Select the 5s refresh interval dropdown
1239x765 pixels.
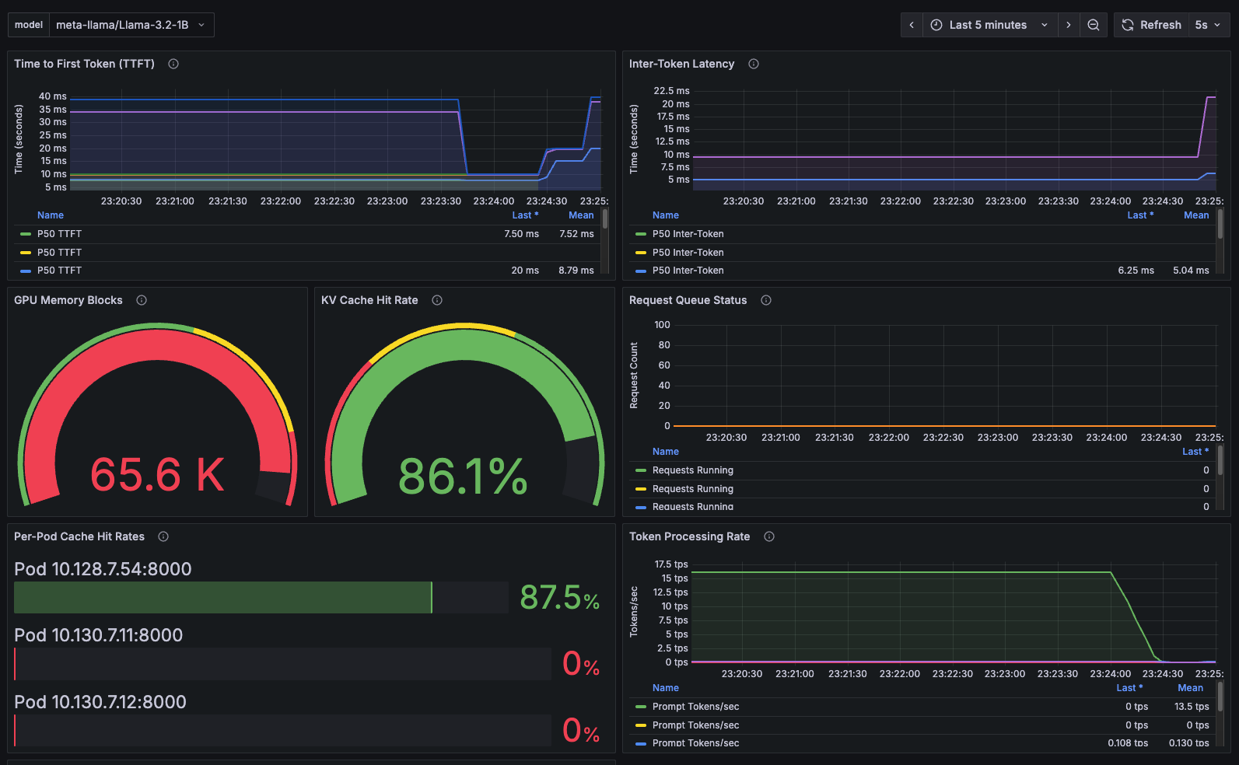pyautogui.click(x=1207, y=25)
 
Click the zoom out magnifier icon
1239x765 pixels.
pyautogui.click(x=1093, y=25)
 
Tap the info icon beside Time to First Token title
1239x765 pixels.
pyautogui.click(x=173, y=64)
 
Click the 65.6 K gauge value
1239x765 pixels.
pyautogui.click(x=157, y=474)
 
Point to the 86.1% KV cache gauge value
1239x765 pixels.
pyautogui.click(x=463, y=476)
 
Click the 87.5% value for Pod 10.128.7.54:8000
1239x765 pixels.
pyautogui.click(x=559, y=598)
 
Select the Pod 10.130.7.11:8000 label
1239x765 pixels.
pyautogui.click(x=98, y=635)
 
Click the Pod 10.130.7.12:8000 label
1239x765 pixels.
pyautogui.click(x=100, y=702)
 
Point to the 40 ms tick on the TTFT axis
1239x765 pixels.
pyautogui.click(x=53, y=96)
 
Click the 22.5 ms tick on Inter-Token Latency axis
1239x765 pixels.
pyautogui.click(x=671, y=91)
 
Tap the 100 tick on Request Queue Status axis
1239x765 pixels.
pyautogui.click(x=662, y=325)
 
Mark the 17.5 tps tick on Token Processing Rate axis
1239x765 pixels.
pyautogui.click(x=671, y=564)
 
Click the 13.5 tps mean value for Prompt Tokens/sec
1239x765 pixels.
pyautogui.click(x=1191, y=707)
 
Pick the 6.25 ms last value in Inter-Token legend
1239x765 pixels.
pyautogui.click(x=1136, y=271)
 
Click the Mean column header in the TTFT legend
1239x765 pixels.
pyautogui.click(x=580, y=215)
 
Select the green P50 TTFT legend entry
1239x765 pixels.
pyautogui.click(x=59, y=234)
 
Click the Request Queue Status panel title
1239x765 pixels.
pyautogui.click(x=688, y=300)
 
